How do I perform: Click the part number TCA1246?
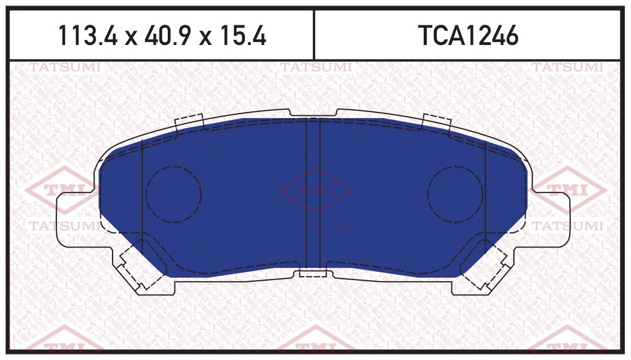[468, 37]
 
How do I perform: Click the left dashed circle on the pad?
[173, 193]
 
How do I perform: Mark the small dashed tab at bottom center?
[313, 273]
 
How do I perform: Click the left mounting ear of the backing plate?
[76, 219]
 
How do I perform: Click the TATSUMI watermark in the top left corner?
[65, 67]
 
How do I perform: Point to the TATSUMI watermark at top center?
[316, 67]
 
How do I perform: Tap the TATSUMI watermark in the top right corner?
[567, 67]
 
